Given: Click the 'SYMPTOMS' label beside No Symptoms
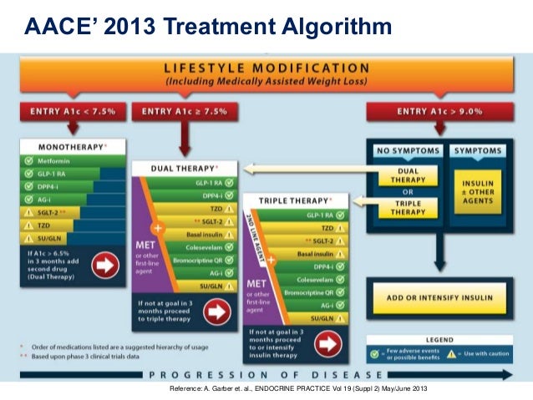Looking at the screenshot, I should pos(479,150).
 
